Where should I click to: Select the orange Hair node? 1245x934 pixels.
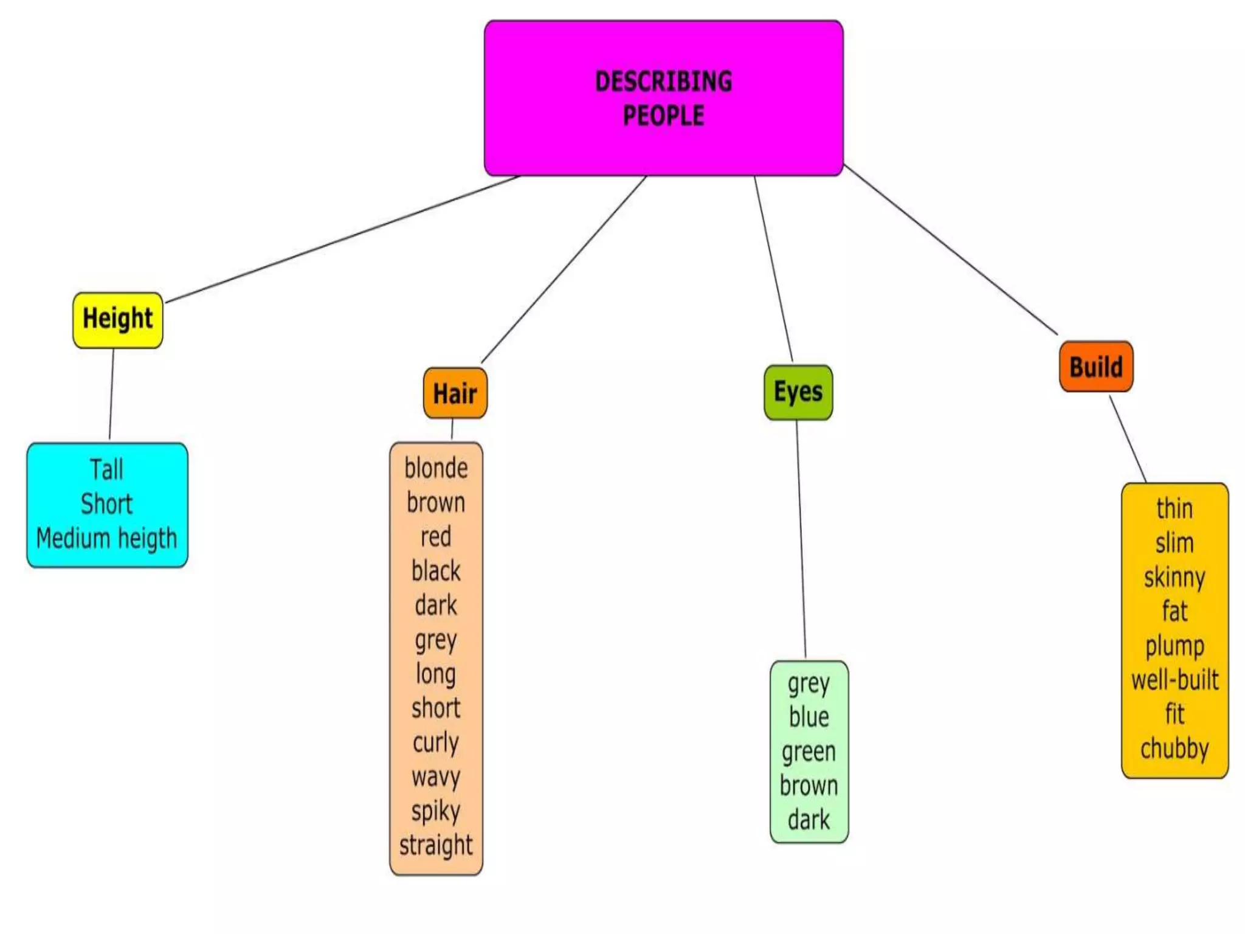[x=455, y=393]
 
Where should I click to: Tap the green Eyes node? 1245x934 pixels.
[x=798, y=392]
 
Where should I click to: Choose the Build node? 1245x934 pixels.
[x=1095, y=367]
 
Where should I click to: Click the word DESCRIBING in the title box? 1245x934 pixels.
[x=663, y=81]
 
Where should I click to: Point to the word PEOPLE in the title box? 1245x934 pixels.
[x=663, y=116]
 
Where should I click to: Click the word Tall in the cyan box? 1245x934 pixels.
[x=106, y=470]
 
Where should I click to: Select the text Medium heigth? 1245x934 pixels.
[x=106, y=539]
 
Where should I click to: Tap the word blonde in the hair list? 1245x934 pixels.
[x=436, y=469]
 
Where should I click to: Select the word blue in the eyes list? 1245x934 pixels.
[x=809, y=718]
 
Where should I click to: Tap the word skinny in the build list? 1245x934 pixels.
[x=1174, y=578]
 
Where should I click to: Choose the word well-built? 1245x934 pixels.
[x=1174, y=680]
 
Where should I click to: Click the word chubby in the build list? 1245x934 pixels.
[x=1174, y=749]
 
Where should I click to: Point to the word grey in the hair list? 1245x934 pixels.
[x=436, y=640]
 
